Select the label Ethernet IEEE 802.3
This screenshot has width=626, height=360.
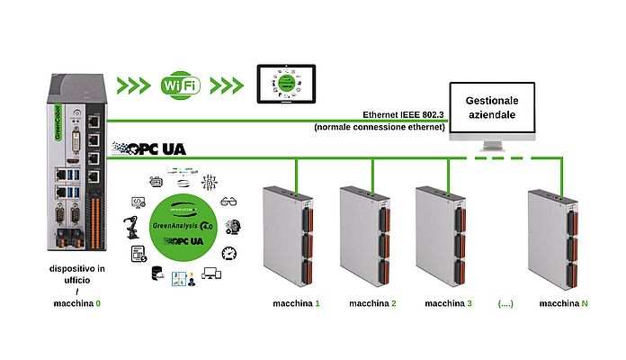pyautogui.click(x=402, y=115)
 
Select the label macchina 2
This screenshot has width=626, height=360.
pyautogui.click(x=371, y=303)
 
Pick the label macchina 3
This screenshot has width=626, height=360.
pyautogui.click(x=448, y=303)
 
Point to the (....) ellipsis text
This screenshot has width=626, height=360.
pyautogui.click(x=505, y=303)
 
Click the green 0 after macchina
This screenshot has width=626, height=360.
pyautogui.click(x=98, y=303)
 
